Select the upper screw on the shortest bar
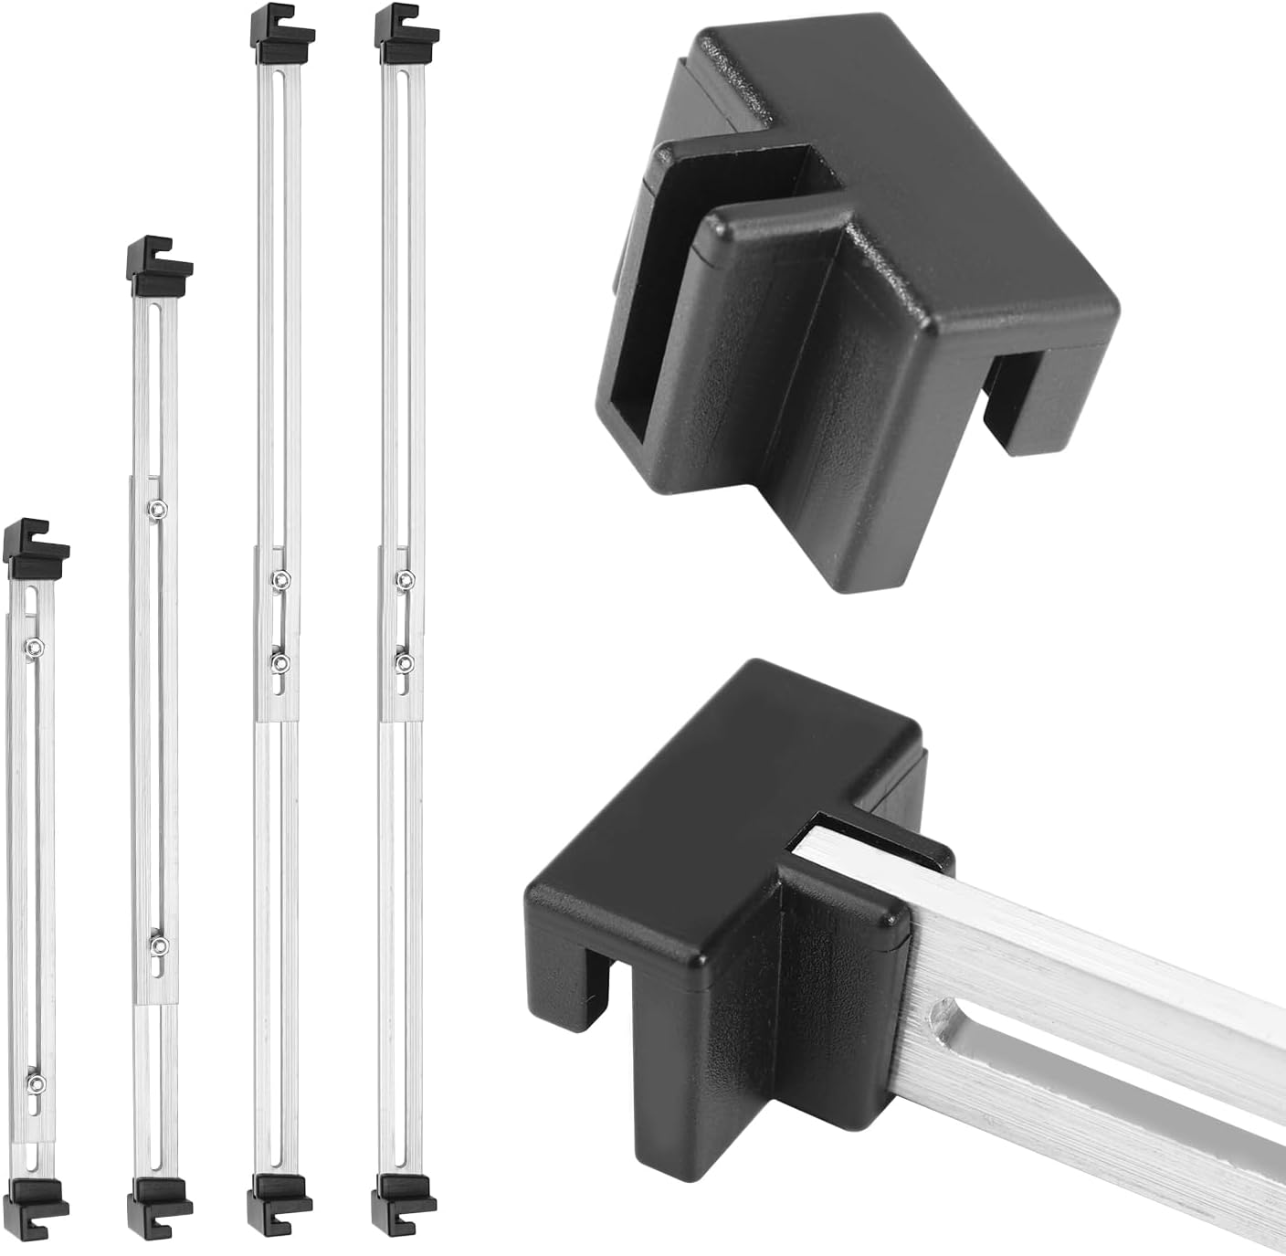tap(33, 647)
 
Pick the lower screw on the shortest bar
tap(35, 1083)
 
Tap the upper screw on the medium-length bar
tap(158, 508)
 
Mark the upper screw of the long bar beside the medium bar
tap(279, 578)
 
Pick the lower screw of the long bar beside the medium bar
tap(279, 660)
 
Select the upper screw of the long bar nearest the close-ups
tap(404, 578)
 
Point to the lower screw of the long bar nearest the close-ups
tap(404, 660)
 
